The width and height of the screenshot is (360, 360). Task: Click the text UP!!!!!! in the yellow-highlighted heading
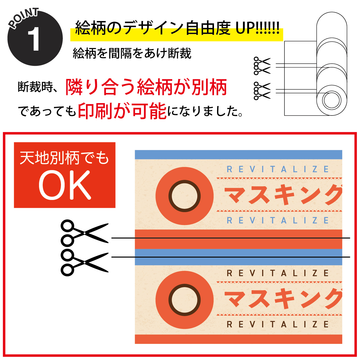point(257,28)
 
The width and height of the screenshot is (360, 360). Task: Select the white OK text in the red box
point(65,185)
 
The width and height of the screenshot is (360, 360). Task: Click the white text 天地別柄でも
point(64,158)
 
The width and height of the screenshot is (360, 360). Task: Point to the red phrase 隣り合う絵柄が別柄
point(146,87)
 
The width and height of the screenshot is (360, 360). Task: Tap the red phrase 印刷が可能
point(122,111)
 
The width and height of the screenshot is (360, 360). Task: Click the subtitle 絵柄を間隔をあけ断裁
point(132,53)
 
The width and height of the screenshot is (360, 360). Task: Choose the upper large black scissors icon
point(84,233)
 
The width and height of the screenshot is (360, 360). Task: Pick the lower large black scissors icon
point(84,262)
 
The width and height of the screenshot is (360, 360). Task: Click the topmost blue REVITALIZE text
point(278,169)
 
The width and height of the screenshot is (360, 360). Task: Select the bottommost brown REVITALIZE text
point(278,324)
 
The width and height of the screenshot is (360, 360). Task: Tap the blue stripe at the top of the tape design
point(238,155)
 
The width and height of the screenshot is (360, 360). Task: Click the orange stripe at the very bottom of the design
point(238,339)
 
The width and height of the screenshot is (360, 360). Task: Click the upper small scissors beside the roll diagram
point(262,66)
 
